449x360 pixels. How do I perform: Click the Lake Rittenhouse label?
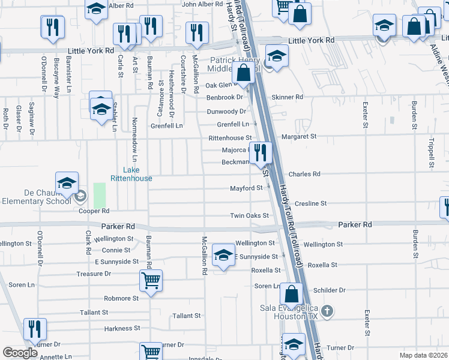click(x=131, y=174)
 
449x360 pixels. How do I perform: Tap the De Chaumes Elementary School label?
click(x=35, y=197)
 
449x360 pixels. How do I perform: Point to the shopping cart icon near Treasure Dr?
click(x=150, y=280)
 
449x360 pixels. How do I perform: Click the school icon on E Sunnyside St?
click(x=223, y=255)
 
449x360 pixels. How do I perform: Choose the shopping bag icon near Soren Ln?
click(x=291, y=294)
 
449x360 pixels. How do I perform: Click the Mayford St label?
click(x=247, y=188)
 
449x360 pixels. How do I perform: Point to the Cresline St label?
click(x=310, y=203)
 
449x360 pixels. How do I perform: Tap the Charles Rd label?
click(x=304, y=174)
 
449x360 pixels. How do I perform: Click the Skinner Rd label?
click(x=288, y=97)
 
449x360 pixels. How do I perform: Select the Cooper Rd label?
click(x=94, y=211)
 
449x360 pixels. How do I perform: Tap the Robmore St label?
click(x=121, y=298)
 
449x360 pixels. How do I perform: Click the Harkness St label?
click(x=122, y=329)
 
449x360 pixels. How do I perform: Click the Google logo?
click(x=20, y=353)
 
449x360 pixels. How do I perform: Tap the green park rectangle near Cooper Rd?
click(x=99, y=196)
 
